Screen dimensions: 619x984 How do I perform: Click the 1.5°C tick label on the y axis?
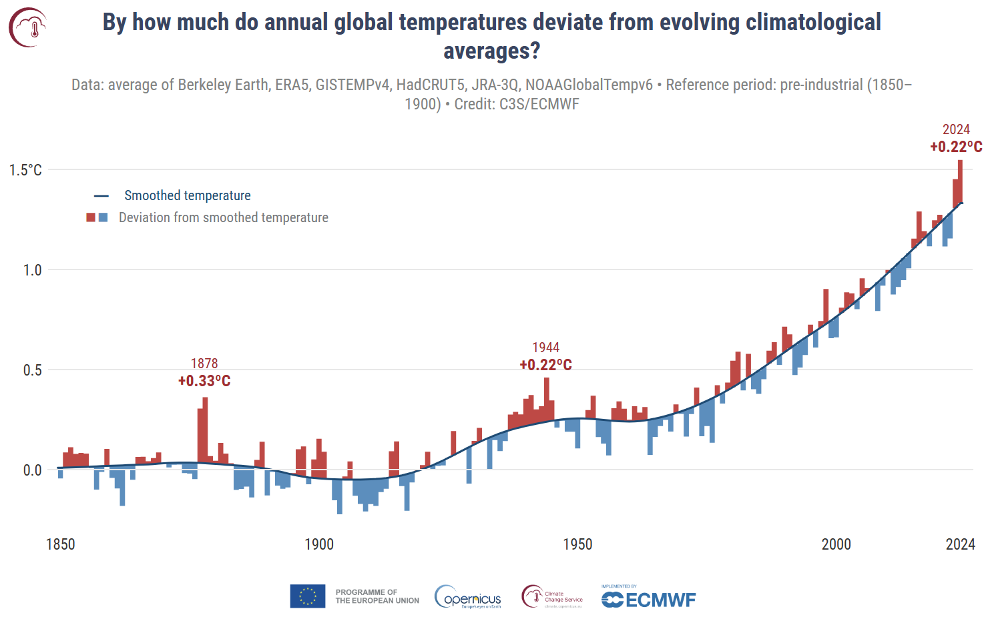25,170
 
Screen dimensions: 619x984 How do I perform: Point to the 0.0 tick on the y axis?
32,470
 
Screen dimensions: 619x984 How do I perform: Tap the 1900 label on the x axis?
319,544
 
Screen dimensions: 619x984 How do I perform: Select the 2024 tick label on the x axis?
960,544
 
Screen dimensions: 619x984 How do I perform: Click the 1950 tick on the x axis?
577,544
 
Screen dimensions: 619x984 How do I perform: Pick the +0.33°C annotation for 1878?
204,381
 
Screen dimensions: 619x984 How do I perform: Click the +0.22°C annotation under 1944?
545,365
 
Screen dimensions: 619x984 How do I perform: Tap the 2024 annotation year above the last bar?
956,129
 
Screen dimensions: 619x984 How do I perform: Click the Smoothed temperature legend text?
188,195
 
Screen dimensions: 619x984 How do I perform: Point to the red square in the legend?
91,217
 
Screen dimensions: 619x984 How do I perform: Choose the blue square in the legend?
103,217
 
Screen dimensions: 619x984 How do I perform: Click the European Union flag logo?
308,596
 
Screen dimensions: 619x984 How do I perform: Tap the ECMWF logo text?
660,600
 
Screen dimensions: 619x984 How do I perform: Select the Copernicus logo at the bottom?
468,597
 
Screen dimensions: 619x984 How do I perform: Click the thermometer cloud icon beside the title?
28,27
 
